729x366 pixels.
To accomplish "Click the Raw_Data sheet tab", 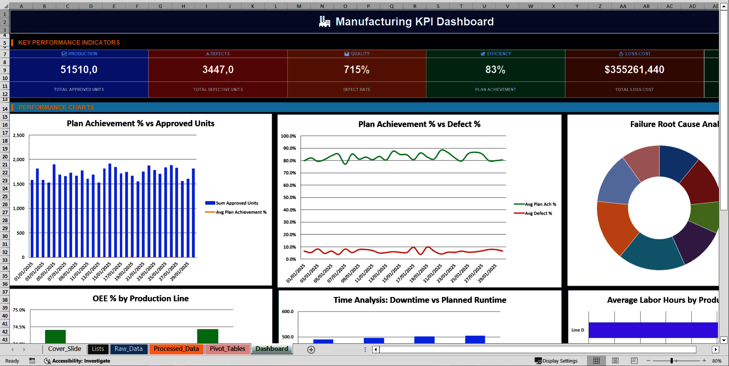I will coord(128,349).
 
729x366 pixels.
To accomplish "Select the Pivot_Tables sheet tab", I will coord(227,349).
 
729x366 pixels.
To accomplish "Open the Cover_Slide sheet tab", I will coord(65,349).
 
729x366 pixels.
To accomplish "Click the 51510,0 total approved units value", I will coord(79,70).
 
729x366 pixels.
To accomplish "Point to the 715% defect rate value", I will coord(357,70).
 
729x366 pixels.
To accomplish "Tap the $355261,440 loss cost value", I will coord(634,70).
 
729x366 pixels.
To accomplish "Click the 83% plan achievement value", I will coord(495,70).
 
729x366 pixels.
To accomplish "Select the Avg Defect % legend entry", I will coord(538,214).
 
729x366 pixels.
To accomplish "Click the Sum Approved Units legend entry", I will coord(237,203).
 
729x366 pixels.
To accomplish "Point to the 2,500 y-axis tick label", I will coord(19,135).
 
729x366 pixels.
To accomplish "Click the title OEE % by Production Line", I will coord(140,299).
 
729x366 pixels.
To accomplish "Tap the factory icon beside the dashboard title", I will coord(324,22).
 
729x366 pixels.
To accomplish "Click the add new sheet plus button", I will coord(311,350).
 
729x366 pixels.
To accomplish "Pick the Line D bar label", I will coord(578,330).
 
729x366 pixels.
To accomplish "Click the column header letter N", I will coord(322,6).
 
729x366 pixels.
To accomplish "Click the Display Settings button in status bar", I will coord(556,361).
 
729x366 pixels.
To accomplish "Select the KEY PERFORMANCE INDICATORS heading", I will coord(69,42).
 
